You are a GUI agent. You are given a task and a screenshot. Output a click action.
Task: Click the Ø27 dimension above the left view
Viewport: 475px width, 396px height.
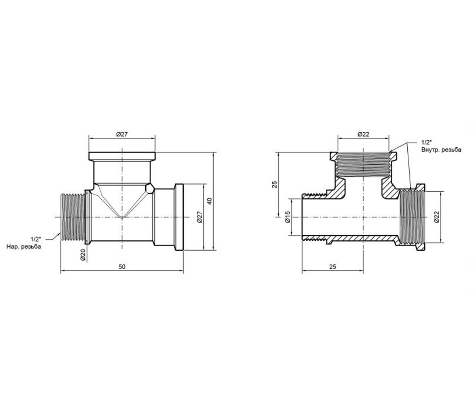(122, 134)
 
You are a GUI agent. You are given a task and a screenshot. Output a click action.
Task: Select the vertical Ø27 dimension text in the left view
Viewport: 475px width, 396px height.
(200, 217)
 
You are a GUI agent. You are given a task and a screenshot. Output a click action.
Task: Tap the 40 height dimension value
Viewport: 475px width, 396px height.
(210, 201)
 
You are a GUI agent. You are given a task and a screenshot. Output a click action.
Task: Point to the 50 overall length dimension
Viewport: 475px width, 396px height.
(122, 267)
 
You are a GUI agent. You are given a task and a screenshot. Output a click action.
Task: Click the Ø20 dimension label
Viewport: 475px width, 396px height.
(83, 255)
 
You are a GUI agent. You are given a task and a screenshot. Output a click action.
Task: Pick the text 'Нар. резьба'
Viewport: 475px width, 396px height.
(24, 246)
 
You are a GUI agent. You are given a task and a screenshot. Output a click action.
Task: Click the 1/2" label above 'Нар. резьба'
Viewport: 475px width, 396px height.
(36, 239)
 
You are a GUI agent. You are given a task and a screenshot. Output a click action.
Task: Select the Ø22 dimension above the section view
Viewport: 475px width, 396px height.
(363, 134)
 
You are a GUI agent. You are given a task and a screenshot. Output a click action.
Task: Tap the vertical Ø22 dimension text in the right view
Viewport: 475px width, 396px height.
(436, 217)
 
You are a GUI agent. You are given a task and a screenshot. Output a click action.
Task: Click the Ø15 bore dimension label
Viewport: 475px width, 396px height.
(287, 217)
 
